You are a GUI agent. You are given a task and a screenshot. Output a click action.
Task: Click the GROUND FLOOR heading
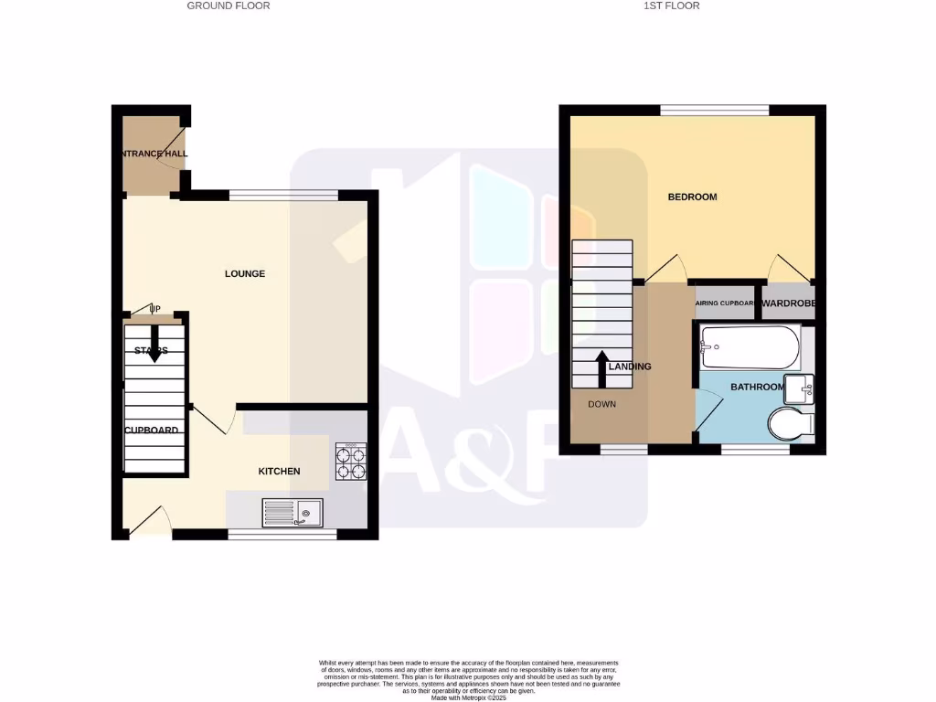pos(229,5)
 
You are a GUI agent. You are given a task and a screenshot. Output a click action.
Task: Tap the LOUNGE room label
pos(245,273)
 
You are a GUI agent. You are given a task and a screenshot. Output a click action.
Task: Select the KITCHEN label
pos(279,471)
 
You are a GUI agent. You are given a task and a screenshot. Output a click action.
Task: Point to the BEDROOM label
pos(692,197)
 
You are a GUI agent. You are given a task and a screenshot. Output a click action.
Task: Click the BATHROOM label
pos(757,388)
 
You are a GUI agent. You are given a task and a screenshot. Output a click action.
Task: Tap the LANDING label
pos(630,367)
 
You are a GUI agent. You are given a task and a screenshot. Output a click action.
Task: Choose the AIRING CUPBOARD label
pos(725,303)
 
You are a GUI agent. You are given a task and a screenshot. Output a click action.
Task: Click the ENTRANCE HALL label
pos(153,154)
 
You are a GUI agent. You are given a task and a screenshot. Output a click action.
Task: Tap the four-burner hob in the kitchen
pos(351,462)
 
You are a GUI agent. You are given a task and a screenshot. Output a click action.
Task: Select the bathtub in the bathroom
pos(749,346)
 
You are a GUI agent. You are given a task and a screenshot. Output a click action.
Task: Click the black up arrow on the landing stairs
pos(602,367)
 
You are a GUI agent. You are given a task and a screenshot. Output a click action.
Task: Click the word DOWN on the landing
pos(602,404)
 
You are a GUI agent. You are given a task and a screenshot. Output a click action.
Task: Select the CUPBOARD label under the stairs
pos(152,430)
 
